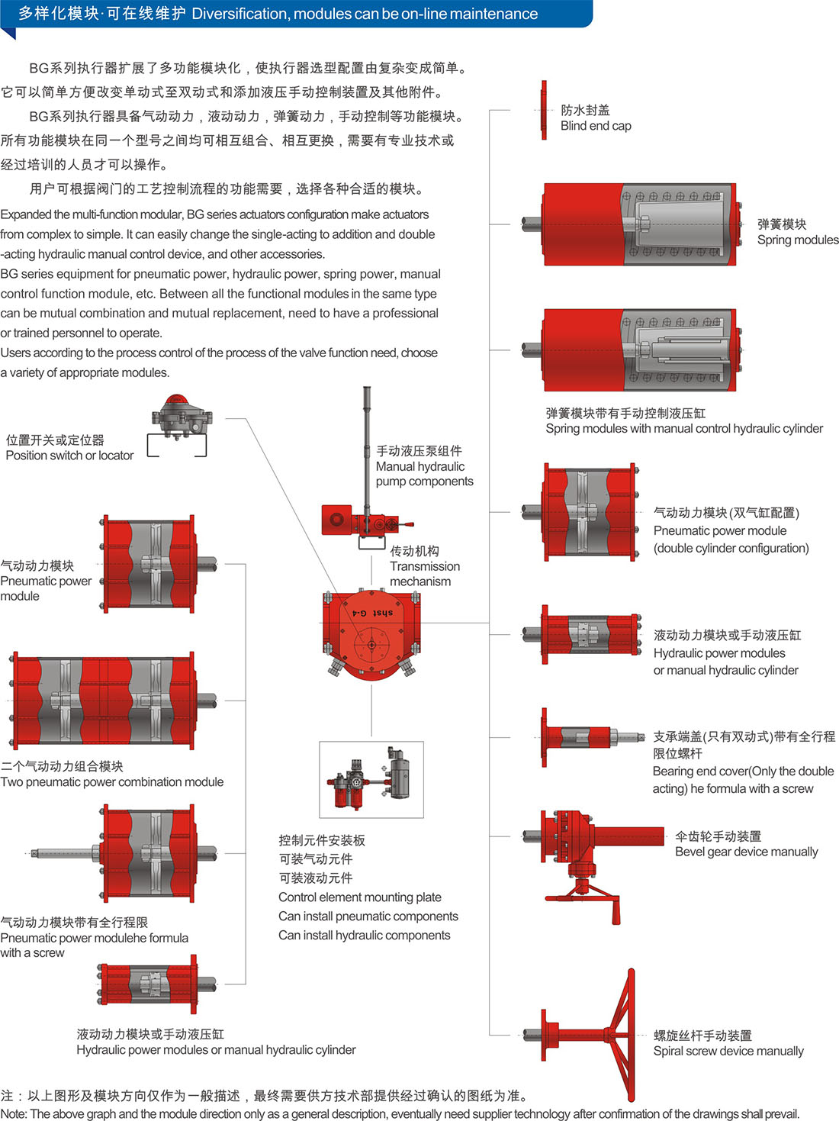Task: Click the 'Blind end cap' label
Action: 596,126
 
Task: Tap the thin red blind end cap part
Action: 544,110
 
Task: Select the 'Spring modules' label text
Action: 797,240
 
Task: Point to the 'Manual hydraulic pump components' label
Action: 424,467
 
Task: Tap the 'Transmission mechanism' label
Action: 425,566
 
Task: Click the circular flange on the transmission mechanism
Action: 371,643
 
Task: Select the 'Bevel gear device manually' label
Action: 746,852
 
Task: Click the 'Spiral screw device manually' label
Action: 728,1051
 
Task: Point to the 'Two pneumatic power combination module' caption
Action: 112,781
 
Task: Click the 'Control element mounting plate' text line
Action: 360,897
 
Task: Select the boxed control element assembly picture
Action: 371,779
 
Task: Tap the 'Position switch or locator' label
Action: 69,456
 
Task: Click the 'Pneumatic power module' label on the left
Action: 46,581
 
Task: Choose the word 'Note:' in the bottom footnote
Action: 14,1113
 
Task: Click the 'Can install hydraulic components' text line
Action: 365,936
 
